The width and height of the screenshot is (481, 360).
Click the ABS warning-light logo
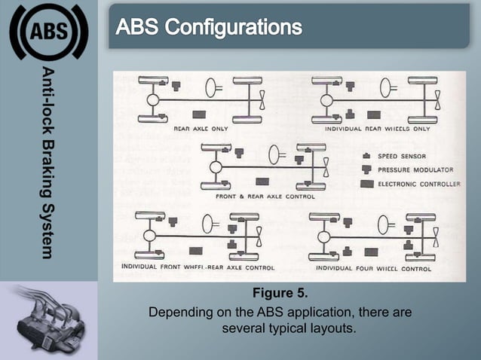48,31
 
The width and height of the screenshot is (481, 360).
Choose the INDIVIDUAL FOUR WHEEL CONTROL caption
373,267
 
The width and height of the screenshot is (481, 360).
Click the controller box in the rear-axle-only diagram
200,114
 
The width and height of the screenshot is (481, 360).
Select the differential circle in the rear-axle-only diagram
152,99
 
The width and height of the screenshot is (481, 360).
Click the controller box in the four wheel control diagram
371,252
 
